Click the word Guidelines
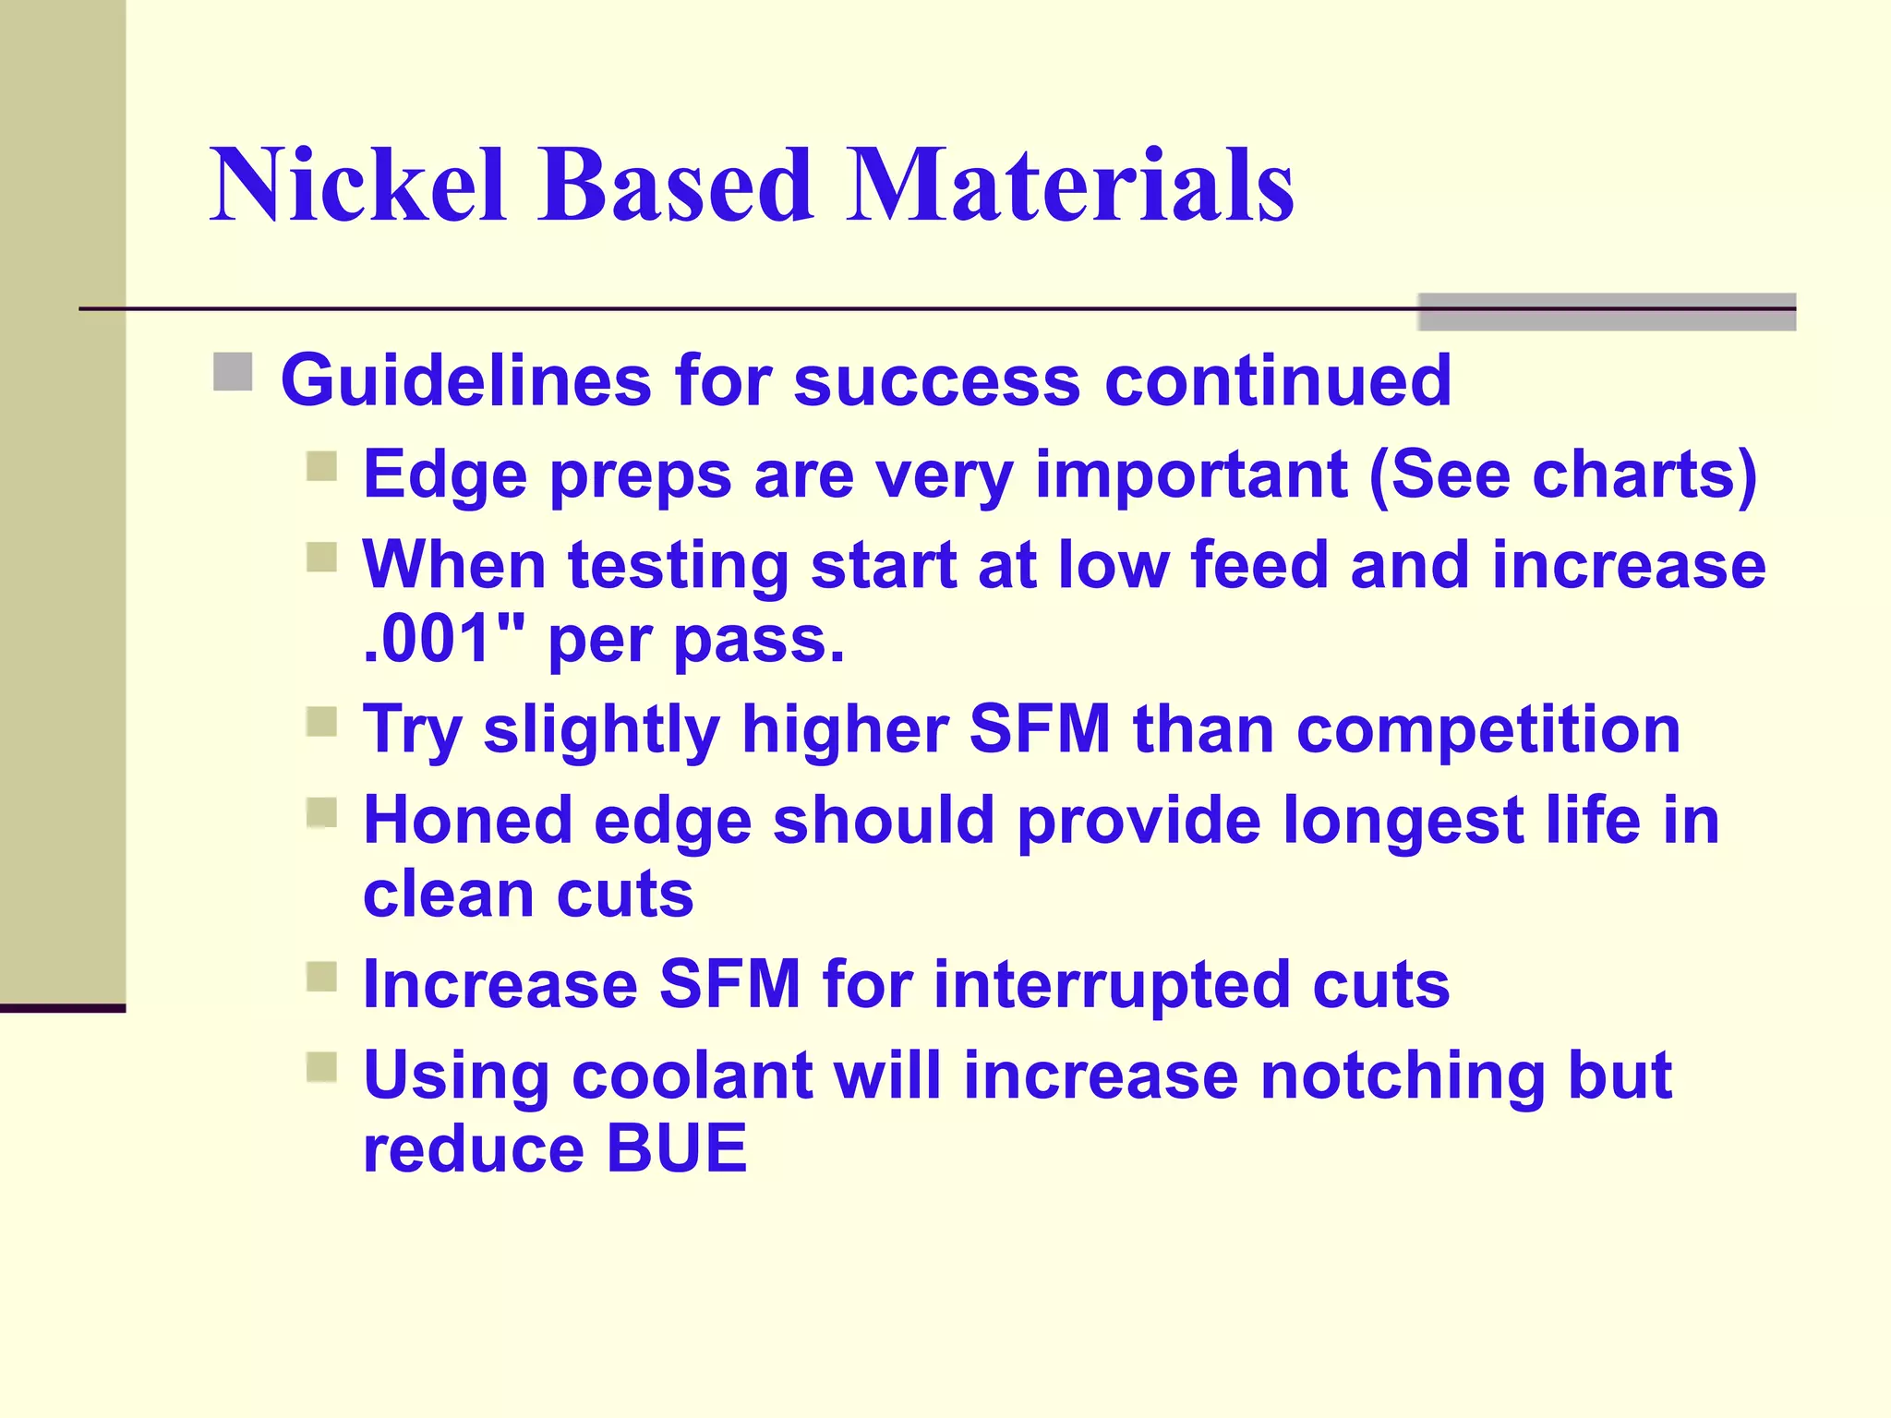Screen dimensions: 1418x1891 coord(465,380)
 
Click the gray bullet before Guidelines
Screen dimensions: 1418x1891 coord(233,372)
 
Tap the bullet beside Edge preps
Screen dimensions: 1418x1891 coord(321,466)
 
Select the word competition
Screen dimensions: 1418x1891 coord(1488,730)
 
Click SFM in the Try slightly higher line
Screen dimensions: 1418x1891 coord(1040,730)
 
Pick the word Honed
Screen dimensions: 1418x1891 coord(467,821)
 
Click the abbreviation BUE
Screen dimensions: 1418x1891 coord(676,1148)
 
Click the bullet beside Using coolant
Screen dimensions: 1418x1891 coord(321,1067)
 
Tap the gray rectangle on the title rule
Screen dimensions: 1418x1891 coord(1606,312)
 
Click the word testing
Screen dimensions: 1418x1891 coord(678,567)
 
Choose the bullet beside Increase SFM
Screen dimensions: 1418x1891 coord(321,977)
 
